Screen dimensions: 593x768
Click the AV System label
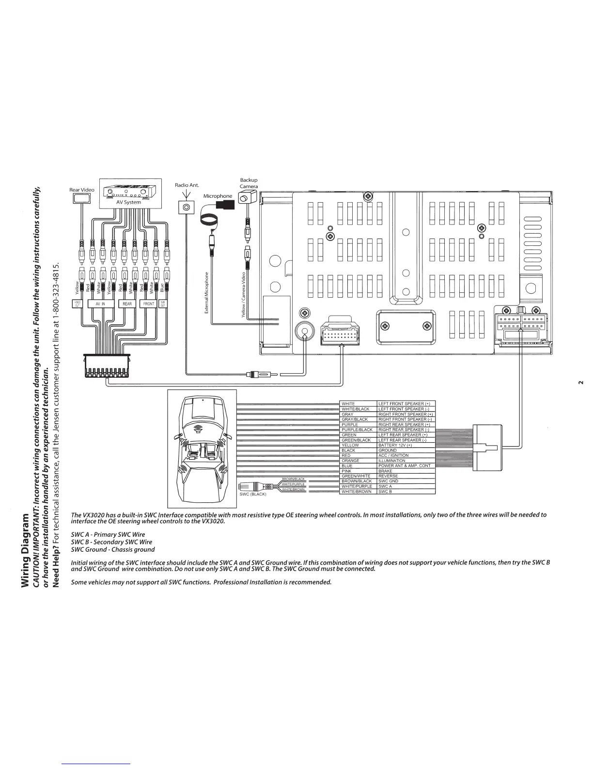click(128, 202)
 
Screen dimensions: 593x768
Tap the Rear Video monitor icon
click(83, 198)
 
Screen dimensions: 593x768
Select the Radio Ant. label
click(187, 185)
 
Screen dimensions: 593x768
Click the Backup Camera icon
click(247, 198)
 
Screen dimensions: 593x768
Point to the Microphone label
click(218, 196)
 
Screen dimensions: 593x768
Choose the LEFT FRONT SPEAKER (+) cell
click(406, 403)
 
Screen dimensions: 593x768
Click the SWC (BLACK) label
click(253, 494)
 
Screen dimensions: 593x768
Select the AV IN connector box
click(100, 304)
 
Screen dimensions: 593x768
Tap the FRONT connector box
click(149, 304)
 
